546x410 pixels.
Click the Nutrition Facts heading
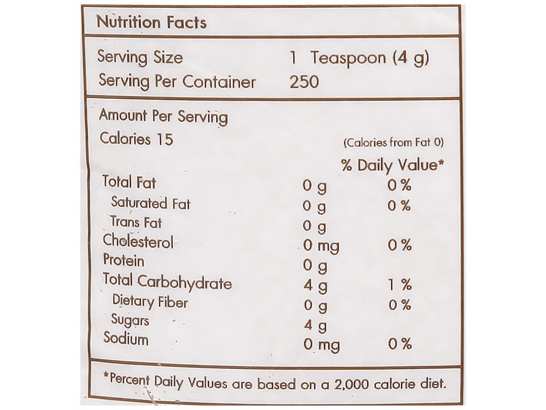tap(151, 22)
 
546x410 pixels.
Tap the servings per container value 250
tap(304, 82)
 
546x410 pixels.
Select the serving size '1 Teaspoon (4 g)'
tap(358, 58)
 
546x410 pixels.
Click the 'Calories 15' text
tap(136, 139)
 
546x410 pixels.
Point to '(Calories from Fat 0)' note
tap(394, 143)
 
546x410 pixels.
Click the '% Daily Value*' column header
tap(393, 165)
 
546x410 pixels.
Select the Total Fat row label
tap(129, 183)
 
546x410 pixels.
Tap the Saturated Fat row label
tap(150, 203)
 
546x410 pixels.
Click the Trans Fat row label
tap(136, 222)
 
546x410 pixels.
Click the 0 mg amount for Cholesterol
tap(321, 246)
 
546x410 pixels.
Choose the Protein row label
tap(123, 261)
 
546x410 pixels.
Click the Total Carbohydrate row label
tap(167, 281)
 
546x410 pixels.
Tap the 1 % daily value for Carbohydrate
tap(399, 285)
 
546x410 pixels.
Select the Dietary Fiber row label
tap(150, 302)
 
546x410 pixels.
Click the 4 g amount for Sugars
tap(315, 326)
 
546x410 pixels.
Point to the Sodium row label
tap(126, 339)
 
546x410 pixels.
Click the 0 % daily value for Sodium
tap(399, 344)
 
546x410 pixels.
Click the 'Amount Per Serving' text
tap(163, 116)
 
